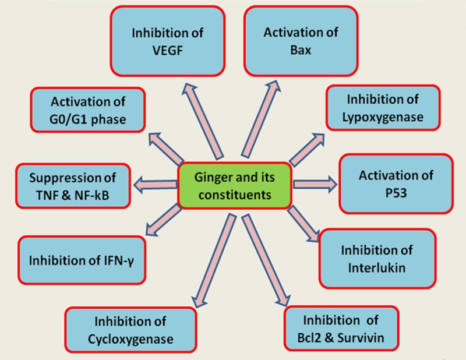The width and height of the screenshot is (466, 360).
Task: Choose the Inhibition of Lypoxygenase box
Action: click(x=382, y=107)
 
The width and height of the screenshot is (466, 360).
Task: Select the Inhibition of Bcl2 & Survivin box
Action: click(x=341, y=328)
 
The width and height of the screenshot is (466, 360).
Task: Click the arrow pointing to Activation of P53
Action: click(x=315, y=184)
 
